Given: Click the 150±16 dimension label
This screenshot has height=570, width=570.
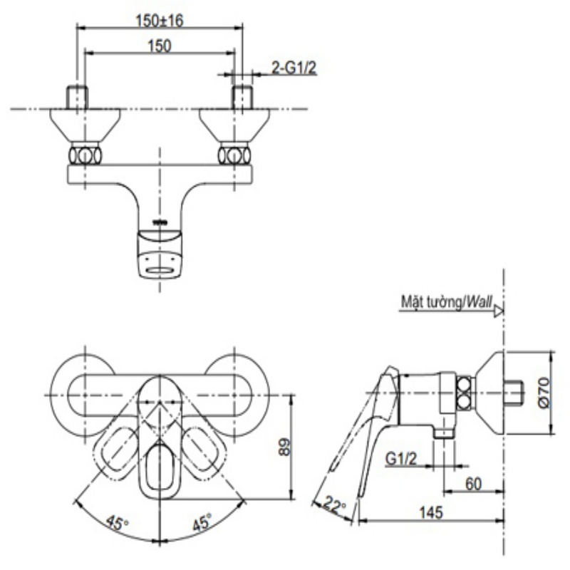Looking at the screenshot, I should click(160, 21).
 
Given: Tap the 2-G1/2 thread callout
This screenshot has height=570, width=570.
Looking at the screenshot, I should click(294, 68).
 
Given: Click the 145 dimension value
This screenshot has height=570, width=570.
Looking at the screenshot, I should click(432, 512).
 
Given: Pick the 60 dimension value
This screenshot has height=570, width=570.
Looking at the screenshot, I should click(474, 483).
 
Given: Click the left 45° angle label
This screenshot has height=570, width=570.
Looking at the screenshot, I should click(118, 523).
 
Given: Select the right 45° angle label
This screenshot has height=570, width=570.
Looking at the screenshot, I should click(201, 523).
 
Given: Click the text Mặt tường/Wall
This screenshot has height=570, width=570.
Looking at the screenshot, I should click(446, 303).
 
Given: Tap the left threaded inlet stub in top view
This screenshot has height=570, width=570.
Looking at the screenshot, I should click(77, 98).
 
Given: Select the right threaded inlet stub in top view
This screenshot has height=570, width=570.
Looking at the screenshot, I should click(244, 98).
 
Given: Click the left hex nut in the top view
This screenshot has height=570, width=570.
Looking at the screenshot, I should click(85, 155).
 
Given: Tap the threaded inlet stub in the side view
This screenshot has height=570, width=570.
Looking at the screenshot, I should click(514, 393).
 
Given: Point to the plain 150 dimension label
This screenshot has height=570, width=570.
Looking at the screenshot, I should click(160, 46).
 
